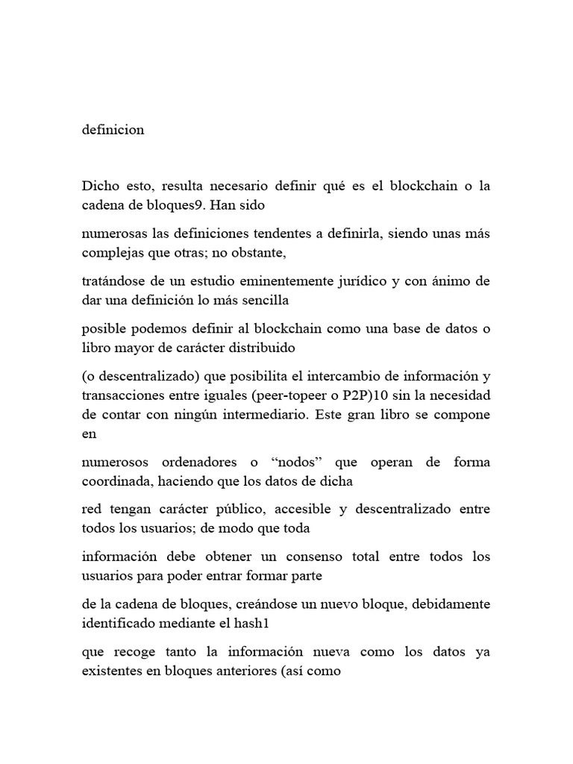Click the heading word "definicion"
tap(113, 129)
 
